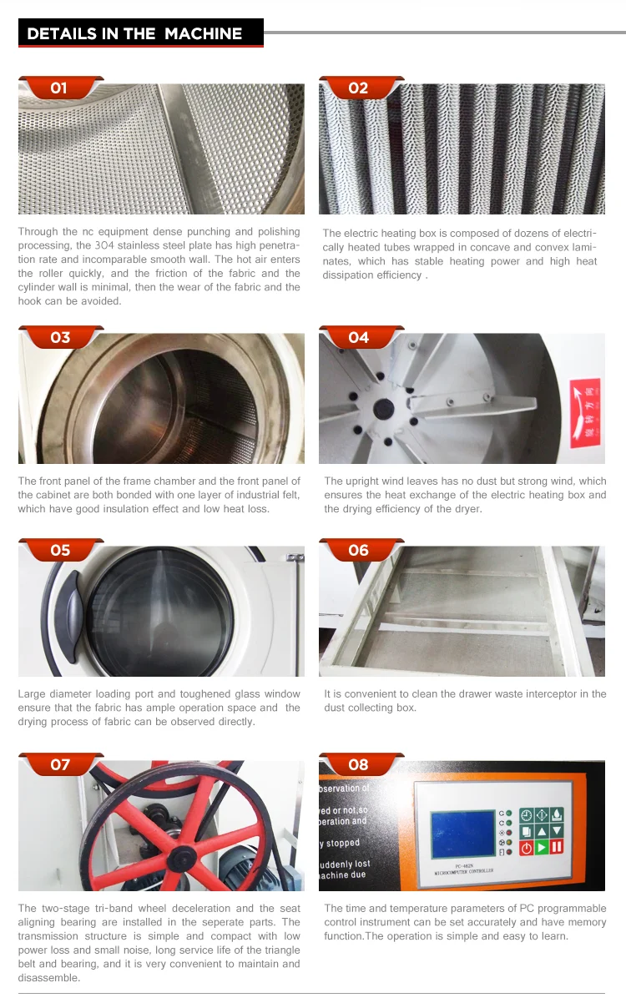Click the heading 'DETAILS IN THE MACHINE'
tap(134, 33)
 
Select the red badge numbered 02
tap(358, 88)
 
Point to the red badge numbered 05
tap(60, 551)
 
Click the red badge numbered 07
tap(60, 764)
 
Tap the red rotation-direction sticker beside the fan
tap(583, 409)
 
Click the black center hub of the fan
tap(383, 408)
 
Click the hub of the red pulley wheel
tap(178, 853)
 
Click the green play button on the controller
tap(542, 848)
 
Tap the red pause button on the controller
tap(557, 848)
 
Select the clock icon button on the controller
tap(527, 814)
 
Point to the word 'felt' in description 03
tap(285, 495)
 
